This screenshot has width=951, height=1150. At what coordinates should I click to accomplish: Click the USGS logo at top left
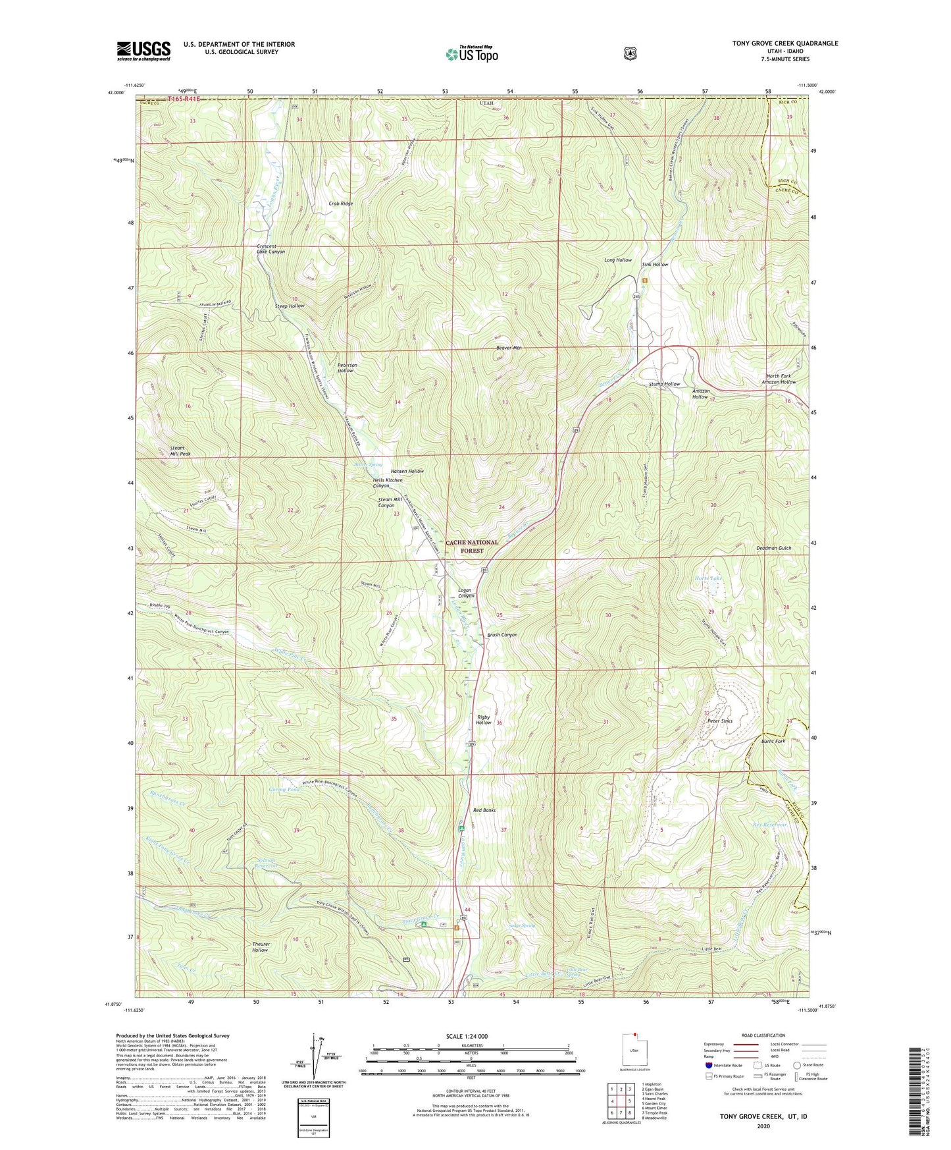pos(143,51)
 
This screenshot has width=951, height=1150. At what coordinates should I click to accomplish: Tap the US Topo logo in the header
pos(471,54)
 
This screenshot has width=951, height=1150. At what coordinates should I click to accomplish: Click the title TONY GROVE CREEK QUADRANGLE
pos(784,43)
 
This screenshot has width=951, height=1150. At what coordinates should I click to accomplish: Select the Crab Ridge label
pos(341,204)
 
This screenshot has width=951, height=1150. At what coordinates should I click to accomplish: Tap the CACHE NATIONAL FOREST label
pos(472,547)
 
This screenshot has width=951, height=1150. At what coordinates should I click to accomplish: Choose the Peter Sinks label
pos(719,721)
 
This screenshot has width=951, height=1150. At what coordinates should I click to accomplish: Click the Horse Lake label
pos(708,578)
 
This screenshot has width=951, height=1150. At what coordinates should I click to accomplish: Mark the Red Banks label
pos(484,810)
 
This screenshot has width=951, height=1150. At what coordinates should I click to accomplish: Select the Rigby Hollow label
pos(484,720)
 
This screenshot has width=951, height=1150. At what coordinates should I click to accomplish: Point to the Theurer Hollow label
pos(260,947)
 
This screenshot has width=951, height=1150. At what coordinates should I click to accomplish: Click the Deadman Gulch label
pos(773,548)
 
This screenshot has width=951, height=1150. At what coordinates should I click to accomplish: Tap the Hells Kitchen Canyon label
pos(388,483)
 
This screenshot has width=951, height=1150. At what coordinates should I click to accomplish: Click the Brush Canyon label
pos(502,635)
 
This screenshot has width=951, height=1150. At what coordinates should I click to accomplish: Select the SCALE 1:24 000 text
pos(467,1037)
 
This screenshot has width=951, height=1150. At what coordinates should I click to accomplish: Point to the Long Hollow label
pos(618,260)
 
